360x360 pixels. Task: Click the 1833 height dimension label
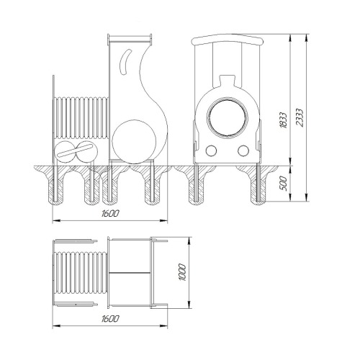pyautogui.click(x=284, y=120)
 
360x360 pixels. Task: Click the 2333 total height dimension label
pyautogui.click(x=300, y=117)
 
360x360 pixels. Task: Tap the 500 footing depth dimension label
pyautogui.click(x=284, y=183)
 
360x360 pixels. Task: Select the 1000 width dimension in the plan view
pyautogui.click(x=182, y=272)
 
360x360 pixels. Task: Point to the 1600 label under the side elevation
pyautogui.click(x=110, y=213)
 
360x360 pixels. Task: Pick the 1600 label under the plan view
pyautogui.click(x=110, y=319)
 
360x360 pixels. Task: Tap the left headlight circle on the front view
pyautogui.click(x=211, y=150)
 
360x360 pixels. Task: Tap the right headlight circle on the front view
pyautogui.click(x=243, y=150)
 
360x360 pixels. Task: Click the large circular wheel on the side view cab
pyautogui.click(x=134, y=142)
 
